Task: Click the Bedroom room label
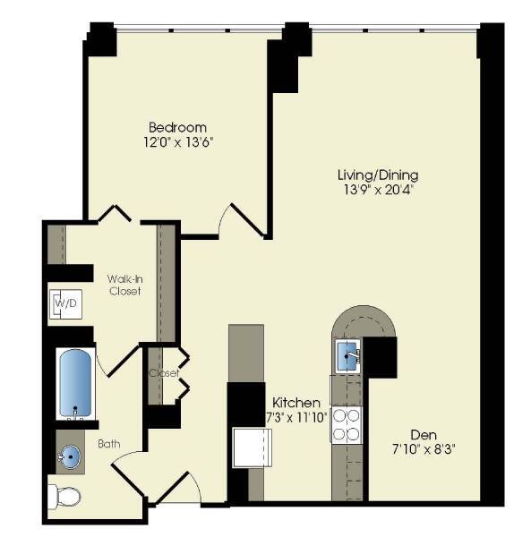(x=177, y=127)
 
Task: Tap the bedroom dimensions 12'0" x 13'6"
(x=177, y=141)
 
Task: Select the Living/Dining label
(x=377, y=175)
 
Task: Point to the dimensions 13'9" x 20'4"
(x=377, y=189)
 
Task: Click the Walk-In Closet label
(x=124, y=285)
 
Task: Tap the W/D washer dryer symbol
(x=66, y=304)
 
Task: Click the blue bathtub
(x=76, y=383)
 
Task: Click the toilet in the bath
(x=66, y=495)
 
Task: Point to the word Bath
(x=123, y=443)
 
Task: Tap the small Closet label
(x=164, y=372)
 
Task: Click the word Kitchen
(x=292, y=402)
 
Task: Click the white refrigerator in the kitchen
(x=253, y=447)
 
